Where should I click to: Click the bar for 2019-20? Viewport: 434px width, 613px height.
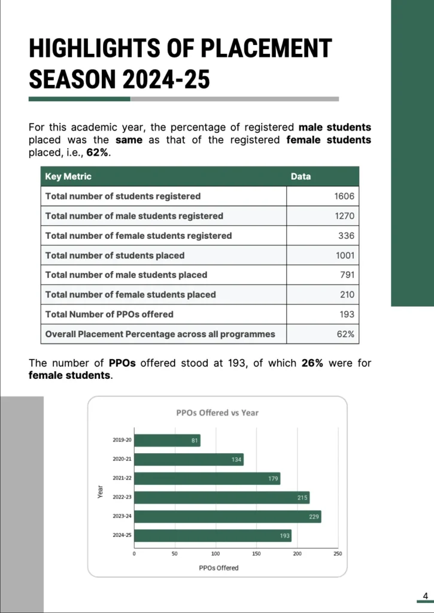(x=167, y=441)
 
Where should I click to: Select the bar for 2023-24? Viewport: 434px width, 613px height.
(x=227, y=517)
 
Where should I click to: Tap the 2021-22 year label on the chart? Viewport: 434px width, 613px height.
(x=122, y=478)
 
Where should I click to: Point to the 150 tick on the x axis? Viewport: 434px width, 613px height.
(x=256, y=554)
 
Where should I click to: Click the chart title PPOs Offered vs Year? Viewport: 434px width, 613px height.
(x=217, y=412)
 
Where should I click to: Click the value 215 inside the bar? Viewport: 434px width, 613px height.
(x=303, y=497)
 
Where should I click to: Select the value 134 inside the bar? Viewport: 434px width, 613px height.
(x=236, y=460)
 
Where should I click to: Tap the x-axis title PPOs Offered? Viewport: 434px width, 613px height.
(x=218, y=568)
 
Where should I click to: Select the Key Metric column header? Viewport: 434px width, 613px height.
(x=68, y=177)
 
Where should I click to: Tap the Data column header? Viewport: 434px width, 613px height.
(x=301, y=177)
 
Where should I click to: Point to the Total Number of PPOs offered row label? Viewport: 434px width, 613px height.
(x=110, y=314)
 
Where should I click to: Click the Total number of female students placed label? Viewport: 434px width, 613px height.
(x=130, y=295)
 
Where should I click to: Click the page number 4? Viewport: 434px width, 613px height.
(x=425, y=596)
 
